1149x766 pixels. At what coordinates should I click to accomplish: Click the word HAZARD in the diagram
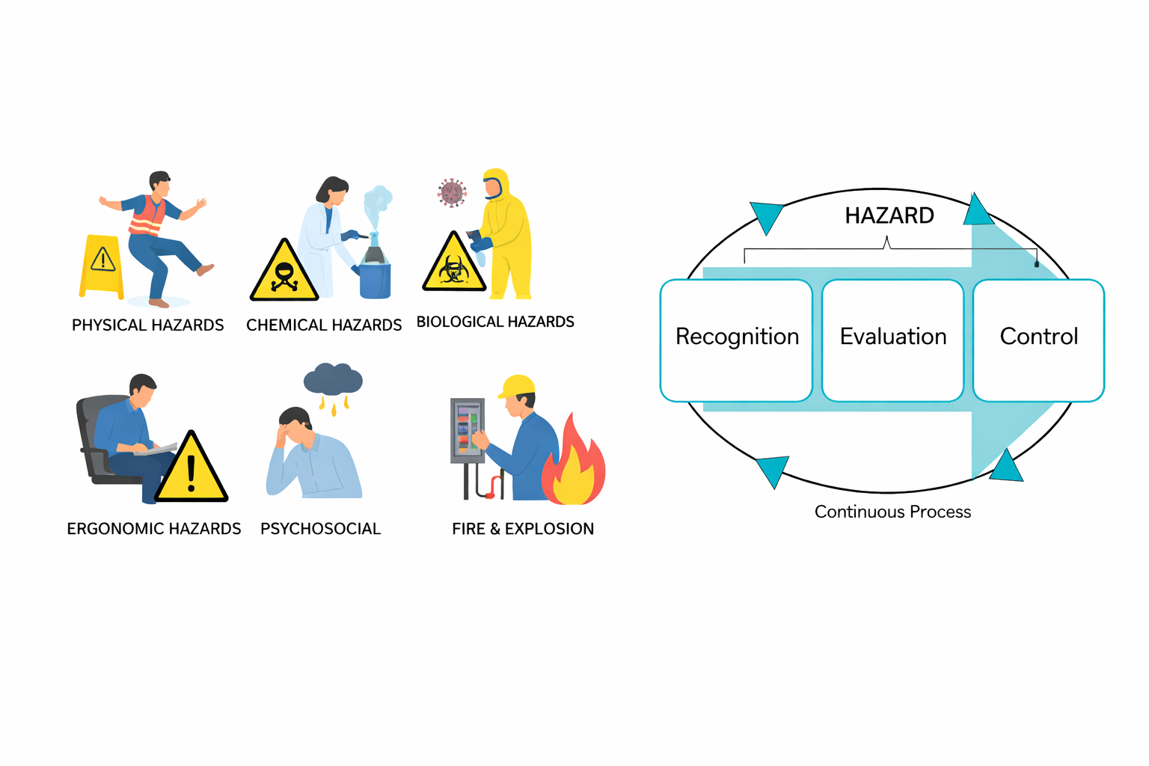(x=889, y=215)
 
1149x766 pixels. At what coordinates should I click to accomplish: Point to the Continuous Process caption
(x=892, y=512)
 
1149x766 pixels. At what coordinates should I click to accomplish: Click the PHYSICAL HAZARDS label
(x=147, y=325)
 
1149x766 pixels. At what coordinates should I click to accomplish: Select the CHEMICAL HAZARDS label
(x=324, y=325)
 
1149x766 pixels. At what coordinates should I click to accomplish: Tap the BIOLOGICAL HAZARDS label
(x=495, y=322)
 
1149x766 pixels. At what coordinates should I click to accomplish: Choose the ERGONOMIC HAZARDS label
(x=154, y=529)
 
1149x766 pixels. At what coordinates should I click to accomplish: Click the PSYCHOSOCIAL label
(x=320, y=529)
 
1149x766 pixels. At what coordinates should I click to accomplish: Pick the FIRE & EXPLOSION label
(x=523, y=529)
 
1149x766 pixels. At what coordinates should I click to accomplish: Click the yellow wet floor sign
(x=102, y=266)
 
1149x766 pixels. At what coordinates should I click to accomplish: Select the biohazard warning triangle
(x=454, y=265)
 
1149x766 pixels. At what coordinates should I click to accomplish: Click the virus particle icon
(x=452, y=192)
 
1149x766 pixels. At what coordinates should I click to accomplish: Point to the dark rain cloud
(x=333, y=380)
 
